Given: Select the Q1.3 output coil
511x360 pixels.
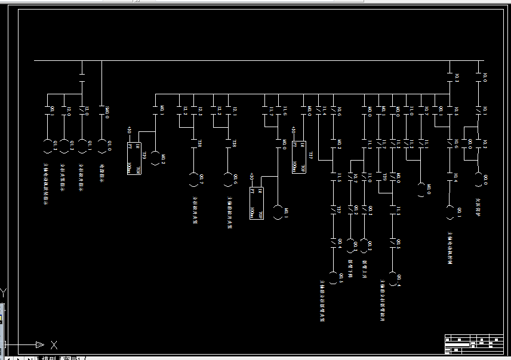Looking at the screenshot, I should (48, 146).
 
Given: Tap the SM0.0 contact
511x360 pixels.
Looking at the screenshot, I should (101, 110).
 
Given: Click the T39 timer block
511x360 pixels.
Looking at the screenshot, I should (134, 158).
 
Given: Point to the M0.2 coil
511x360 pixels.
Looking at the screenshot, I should (156, 158).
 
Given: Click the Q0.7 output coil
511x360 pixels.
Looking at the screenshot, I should (193, 179).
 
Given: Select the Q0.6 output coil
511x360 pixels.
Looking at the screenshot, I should (227, 179).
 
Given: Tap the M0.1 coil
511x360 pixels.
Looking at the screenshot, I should (278, 212).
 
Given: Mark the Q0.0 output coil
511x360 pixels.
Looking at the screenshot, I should (478, 179).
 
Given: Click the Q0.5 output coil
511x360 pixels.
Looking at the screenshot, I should (334, 278).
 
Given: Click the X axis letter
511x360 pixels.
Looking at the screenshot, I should (54, 344).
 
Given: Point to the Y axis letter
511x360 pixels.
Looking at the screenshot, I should (4, 293).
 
